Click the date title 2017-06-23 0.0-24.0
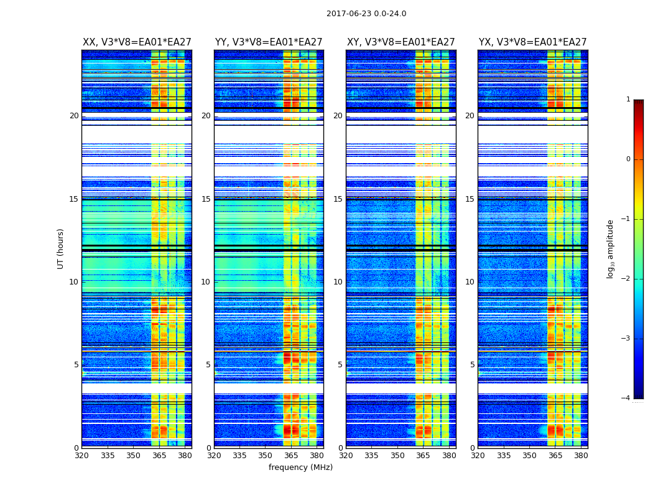(x=366, y=14)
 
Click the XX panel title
(x=137, y=42)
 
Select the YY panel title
(x=269, y=42)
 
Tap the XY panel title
(x=401, y=42)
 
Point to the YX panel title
(x=532, y=42)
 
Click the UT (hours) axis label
(x=61, y=248)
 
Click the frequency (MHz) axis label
(x=300, y=467)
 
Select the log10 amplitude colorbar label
(x=611, y=248)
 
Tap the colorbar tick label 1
(x=628, y=100)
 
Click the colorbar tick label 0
(x=628, y=159)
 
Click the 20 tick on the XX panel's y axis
(x=74, y=116)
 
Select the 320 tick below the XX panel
(x=82, y=456)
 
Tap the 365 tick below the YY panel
(x=291, y=456)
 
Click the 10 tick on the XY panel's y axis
(x=338, y=282)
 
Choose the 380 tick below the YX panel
(x=581, y=456)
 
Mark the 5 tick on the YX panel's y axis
(x=472, y=365)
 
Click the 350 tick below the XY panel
(x=397, y=456)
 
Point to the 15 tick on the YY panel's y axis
(x=206, y=199)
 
